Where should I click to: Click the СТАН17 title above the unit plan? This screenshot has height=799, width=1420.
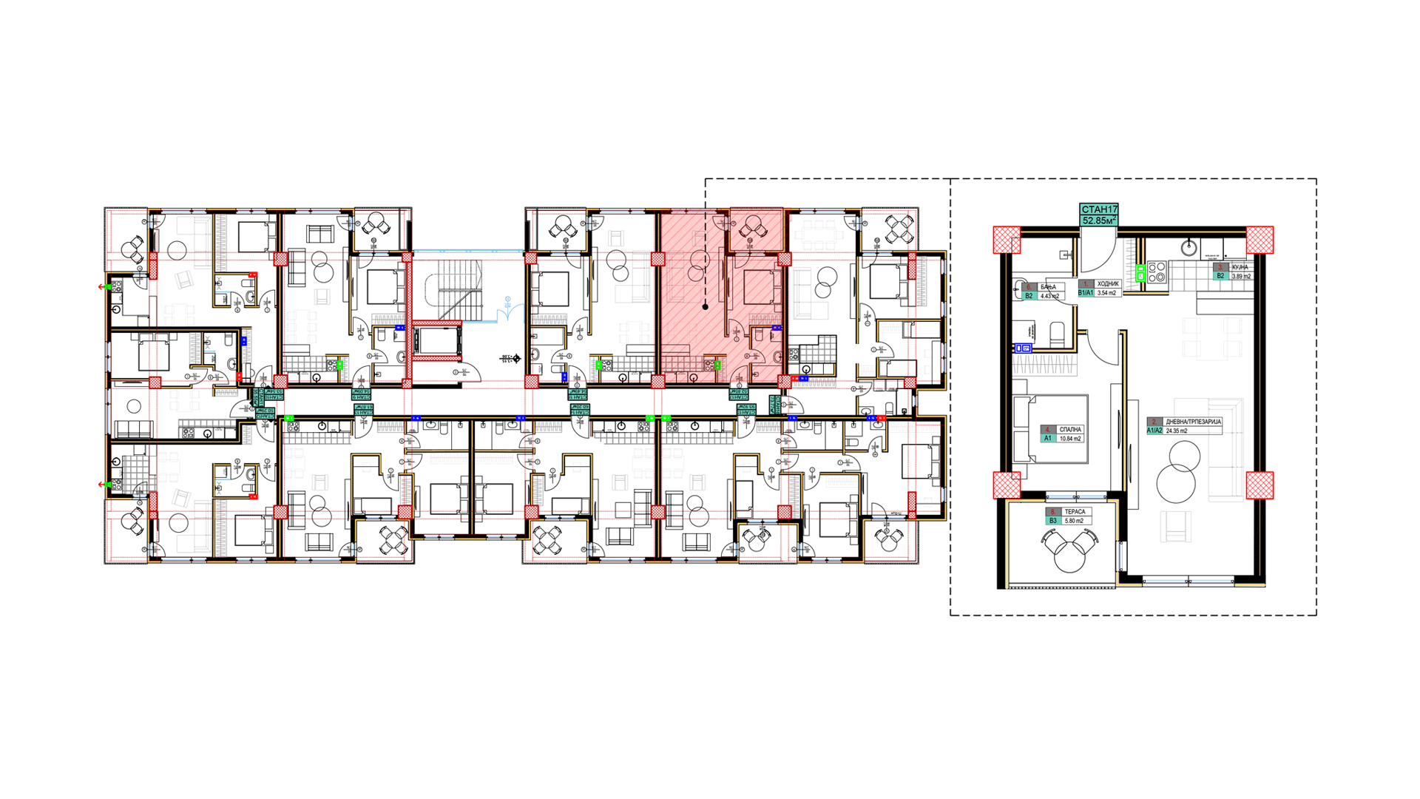coord(1099,210)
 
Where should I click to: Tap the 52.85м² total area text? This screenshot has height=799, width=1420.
coord(1099,220)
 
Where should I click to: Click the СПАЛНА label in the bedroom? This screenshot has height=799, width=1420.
coord(1069,429)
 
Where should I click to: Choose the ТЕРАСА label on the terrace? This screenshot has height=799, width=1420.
coord(1075,512)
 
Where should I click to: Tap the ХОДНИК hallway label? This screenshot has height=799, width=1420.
coord(1107,283)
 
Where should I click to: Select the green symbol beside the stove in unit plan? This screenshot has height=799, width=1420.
coord(1140,273)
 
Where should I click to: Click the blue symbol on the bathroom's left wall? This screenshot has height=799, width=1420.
coord(1023,348)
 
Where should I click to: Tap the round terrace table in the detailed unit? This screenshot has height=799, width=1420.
coord(1069,556)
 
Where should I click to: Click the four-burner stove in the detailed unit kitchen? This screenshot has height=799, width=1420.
coord(1157,272)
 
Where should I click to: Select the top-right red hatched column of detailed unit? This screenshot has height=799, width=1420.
coord(1260,240)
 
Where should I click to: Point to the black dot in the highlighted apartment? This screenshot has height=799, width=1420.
coord(706,306)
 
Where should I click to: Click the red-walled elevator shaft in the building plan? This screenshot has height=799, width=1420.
coord(436,340)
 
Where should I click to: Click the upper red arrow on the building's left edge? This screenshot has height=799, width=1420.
coord(102,286)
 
